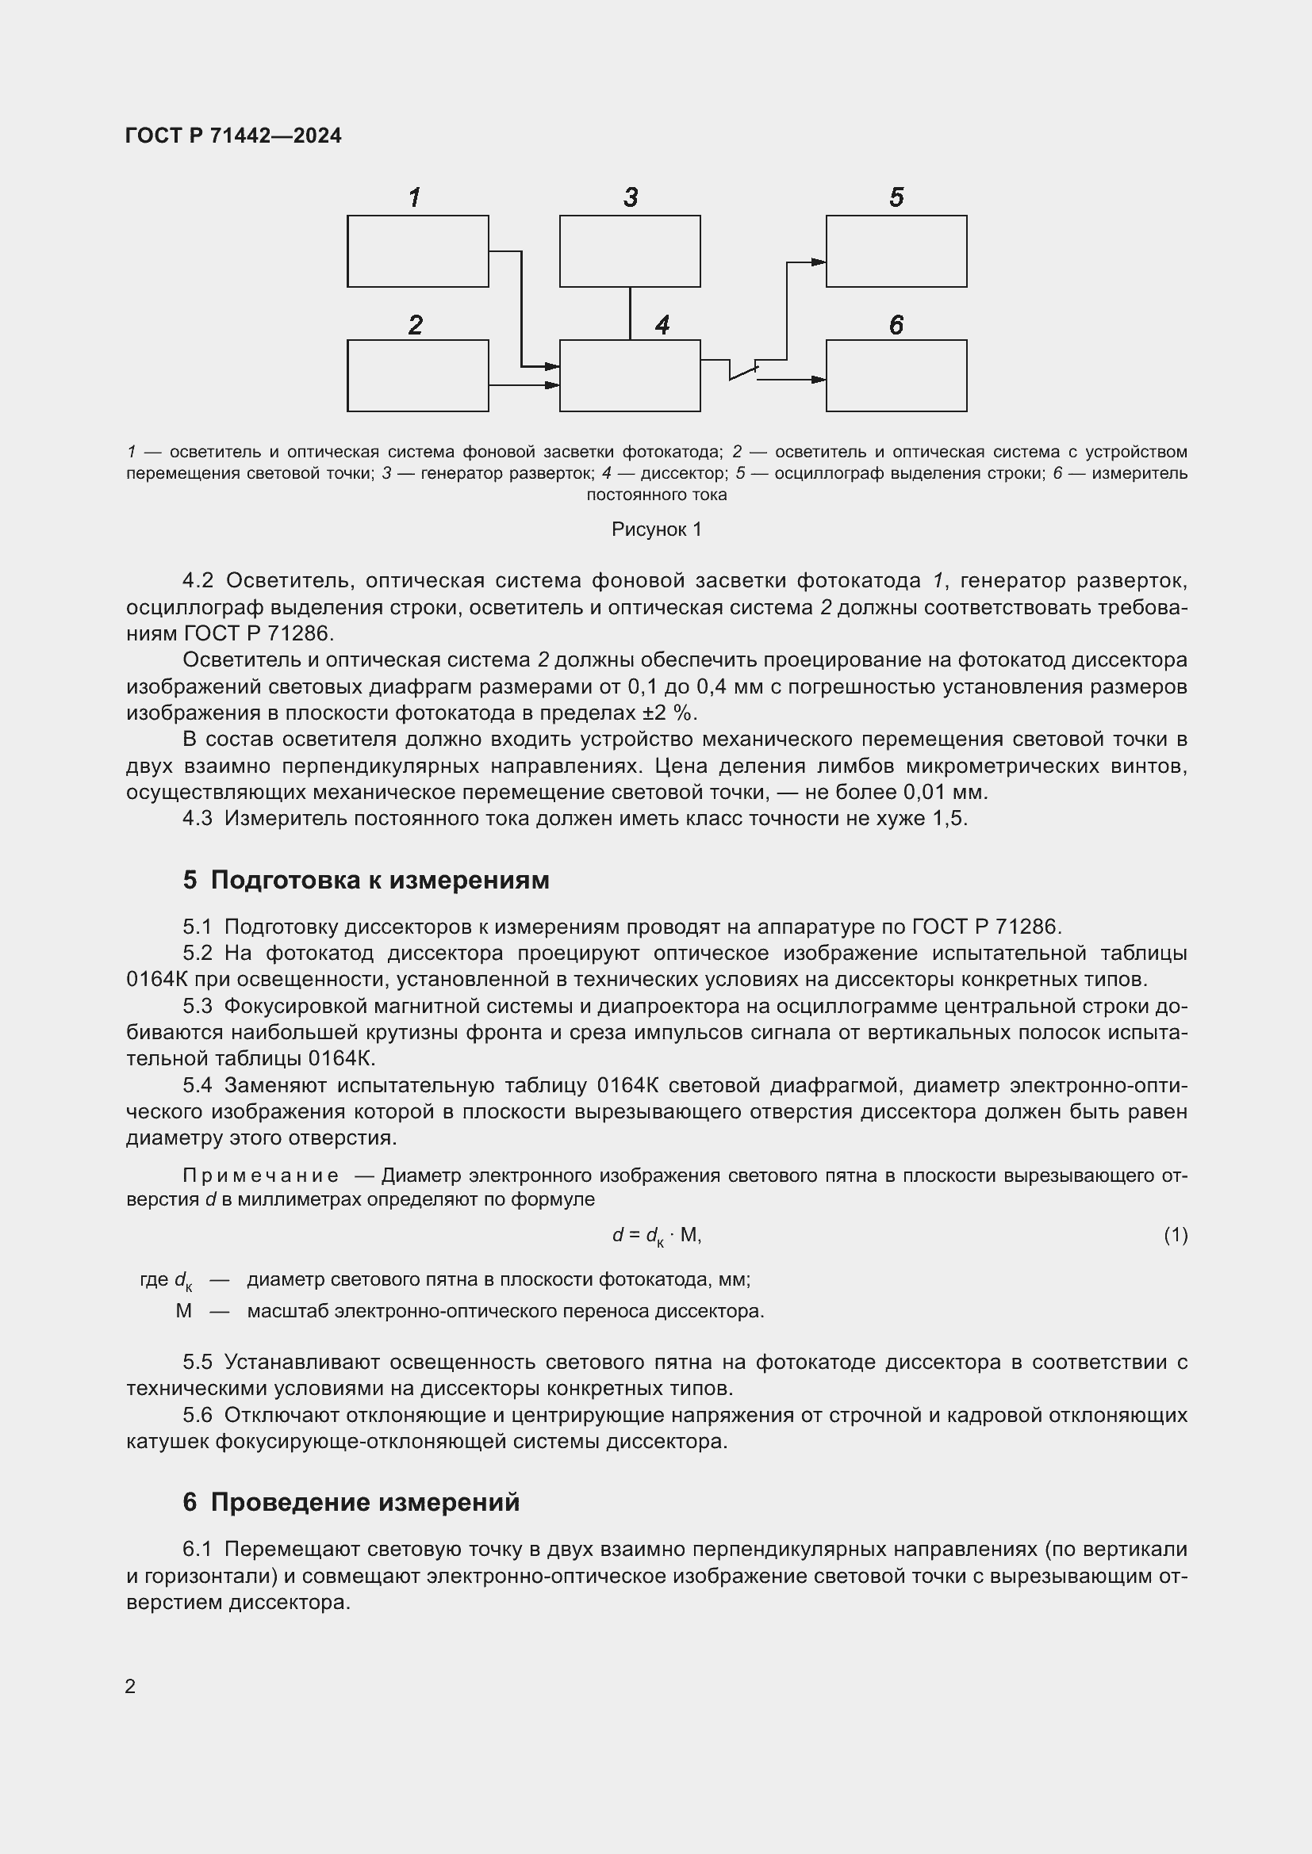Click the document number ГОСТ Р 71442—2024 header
pos(233,136)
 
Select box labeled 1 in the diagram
pos(418,251)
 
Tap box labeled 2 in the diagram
pos(418,376)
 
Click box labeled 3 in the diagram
pos(629,251)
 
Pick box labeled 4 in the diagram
pos(629,376)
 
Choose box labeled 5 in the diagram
pos(896,251)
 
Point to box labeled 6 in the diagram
pos(896,376)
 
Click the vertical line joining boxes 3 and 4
pos(630,313)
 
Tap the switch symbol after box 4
pos(743,371)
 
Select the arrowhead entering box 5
pos(819,262)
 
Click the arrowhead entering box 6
pos(819,380)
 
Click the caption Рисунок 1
pos(656,529)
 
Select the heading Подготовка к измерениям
pos(380,880)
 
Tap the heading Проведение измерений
pos(365,1502)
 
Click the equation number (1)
pos(1176,1234)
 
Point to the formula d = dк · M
pos(656,1235)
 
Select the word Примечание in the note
pos(260,1175)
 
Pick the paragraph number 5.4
pos(198,1085)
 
